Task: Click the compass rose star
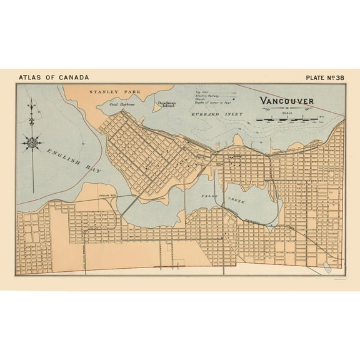point(32,143)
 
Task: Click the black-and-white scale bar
point(289,117)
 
